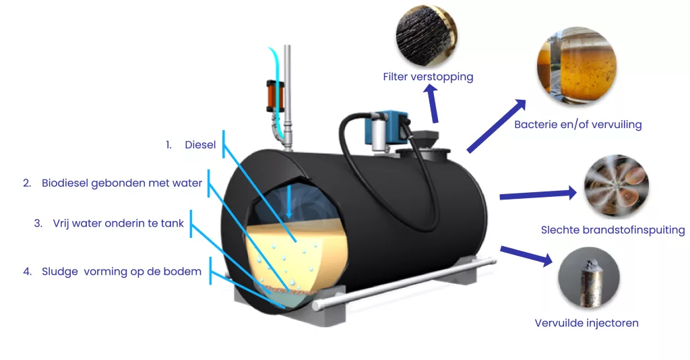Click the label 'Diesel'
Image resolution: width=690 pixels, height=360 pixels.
(200, 144)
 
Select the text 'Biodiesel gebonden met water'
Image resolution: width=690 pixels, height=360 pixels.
(122, 183)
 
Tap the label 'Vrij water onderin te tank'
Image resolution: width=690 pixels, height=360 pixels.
(118, 223)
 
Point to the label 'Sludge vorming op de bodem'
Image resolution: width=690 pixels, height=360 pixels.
(121, 272)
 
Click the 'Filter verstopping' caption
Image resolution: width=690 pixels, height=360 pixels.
(428, 77)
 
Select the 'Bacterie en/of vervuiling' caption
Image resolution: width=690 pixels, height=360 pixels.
(577, 125)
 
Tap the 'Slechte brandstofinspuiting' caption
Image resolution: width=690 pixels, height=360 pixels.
(613, 230)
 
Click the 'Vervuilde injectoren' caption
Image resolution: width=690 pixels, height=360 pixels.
(586, 323)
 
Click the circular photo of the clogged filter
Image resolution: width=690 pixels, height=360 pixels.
(425, 34)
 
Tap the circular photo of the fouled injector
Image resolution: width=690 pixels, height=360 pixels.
(589, 279)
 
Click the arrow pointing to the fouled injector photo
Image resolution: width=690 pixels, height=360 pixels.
(526, 256)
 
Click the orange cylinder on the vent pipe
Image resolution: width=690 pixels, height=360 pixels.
(273, 96)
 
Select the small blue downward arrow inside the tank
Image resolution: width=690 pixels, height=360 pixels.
(288, 202)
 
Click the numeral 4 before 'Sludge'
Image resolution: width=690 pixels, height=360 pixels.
(27, 272)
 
